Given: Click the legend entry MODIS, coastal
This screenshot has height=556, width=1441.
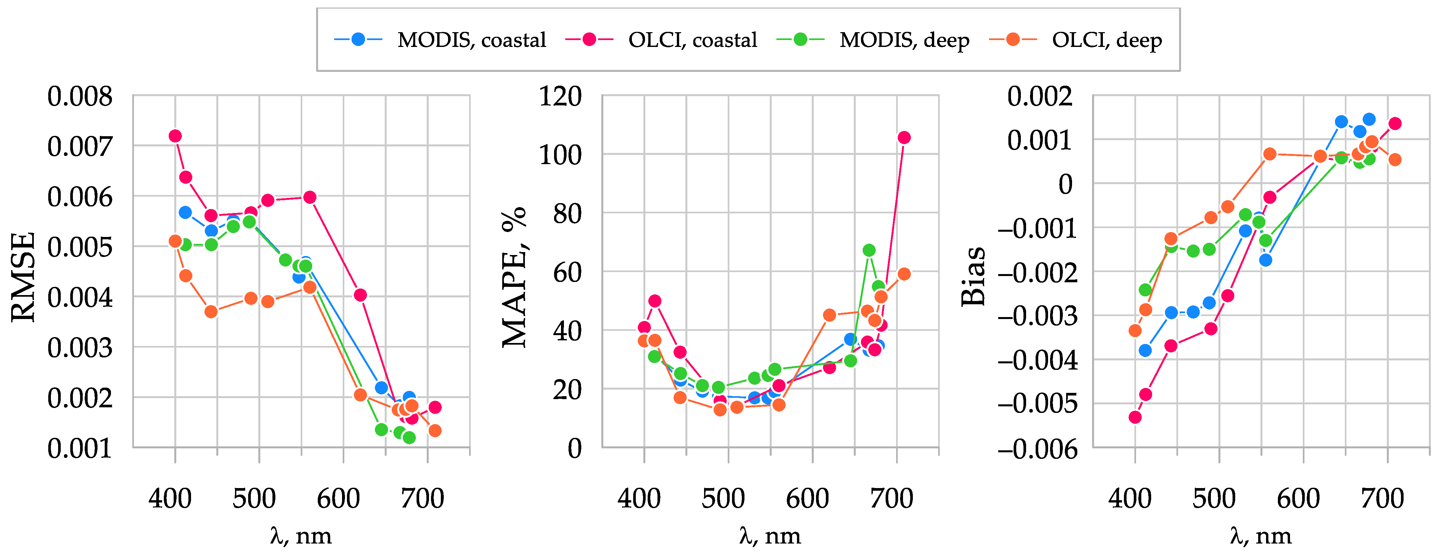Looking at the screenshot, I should [x=471, y=40].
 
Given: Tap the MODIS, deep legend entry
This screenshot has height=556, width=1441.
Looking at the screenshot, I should [x=904, y=40].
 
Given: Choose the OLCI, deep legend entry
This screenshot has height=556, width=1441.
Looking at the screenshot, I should [x=1107, y=40].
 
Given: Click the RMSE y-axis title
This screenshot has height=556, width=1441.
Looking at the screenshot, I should [x=24, y=277].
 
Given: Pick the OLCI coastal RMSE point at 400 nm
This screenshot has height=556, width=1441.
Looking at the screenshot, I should [x=175, y=136].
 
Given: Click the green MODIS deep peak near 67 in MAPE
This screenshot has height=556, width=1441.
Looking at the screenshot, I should [x=869, y=250].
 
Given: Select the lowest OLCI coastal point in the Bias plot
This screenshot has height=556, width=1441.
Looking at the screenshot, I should [x=1135, y=417].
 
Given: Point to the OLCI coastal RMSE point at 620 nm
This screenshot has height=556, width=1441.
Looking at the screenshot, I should [x=360, y=295].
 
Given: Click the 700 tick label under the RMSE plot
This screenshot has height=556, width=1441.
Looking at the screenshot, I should [x=422, y=498].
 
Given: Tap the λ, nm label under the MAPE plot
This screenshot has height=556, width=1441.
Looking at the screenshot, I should [x=770, y=536].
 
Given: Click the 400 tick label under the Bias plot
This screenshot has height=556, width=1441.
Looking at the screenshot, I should [x=1130, y=498].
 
